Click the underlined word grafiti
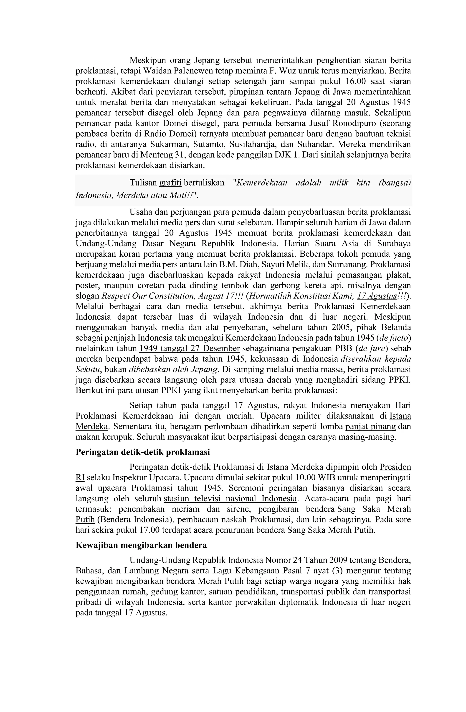coord(170,183)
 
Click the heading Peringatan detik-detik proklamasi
coord(143,452)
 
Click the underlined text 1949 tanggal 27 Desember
coord(190,348)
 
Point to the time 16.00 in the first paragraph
coord(355,81)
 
